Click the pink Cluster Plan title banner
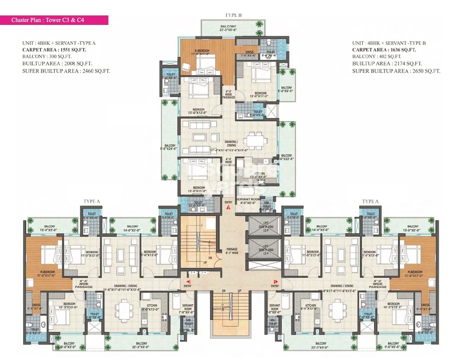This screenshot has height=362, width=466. tap(54, 20)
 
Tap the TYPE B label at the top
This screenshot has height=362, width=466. tap(233, 15)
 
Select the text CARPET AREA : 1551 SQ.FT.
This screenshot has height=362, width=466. tap(54, 50)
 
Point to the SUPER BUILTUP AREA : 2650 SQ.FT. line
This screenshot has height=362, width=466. tap(396, 71)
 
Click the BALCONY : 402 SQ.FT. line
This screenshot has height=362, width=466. tap(377, 56)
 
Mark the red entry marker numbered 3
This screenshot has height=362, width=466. tap(228, 207)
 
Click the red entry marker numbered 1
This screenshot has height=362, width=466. tap(275, 281)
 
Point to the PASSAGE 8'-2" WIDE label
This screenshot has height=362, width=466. tap(232, 251)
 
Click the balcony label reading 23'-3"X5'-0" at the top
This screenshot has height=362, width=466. tap(228, 28)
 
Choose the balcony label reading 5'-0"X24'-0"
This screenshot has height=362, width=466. tap(170, 147)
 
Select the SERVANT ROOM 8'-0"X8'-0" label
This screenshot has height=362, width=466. tap(248, 201)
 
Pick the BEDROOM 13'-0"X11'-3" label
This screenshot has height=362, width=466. tap(260, 95)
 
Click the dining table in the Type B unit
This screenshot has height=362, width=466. tap(255, 141)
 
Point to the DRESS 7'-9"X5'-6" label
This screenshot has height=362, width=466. tap(249, 54)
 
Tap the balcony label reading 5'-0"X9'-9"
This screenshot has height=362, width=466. tap(286, 89)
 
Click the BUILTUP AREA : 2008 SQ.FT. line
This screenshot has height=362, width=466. tap(57, 64)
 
